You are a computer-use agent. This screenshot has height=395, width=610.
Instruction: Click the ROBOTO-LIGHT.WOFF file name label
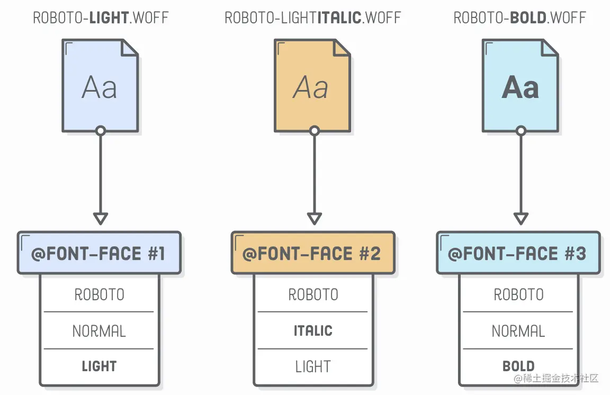101,17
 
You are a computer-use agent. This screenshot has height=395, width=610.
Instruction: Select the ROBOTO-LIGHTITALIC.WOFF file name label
312,17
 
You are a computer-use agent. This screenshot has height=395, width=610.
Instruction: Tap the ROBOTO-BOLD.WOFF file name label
519,17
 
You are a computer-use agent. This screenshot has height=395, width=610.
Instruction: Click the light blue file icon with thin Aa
100,86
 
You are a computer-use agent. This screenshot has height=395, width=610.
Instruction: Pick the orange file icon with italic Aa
312,86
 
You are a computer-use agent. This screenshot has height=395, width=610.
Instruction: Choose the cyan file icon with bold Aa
520,86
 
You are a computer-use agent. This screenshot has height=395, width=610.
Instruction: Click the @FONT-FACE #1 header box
99,253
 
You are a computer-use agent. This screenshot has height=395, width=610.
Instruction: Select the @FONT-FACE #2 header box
313,253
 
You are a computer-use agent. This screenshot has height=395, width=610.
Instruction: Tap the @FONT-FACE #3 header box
518,253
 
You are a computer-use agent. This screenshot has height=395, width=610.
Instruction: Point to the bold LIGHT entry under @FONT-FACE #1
99,366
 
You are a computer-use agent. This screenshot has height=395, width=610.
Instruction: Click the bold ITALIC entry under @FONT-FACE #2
313,331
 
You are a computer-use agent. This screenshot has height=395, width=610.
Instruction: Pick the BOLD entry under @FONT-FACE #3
518,366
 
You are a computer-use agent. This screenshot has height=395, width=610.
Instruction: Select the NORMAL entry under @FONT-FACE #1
99,331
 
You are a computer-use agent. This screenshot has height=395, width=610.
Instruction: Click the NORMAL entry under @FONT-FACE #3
518,331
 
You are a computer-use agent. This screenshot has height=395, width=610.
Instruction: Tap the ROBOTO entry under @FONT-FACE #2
313,294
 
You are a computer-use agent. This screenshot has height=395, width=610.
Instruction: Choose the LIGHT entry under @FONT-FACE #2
313,366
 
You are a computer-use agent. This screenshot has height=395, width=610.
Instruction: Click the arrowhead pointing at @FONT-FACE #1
101,218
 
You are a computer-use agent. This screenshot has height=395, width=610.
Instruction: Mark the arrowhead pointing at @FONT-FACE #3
521,218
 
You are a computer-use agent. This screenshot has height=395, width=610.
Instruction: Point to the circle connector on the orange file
315,131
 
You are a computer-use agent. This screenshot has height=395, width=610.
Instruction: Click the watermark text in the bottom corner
555,378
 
